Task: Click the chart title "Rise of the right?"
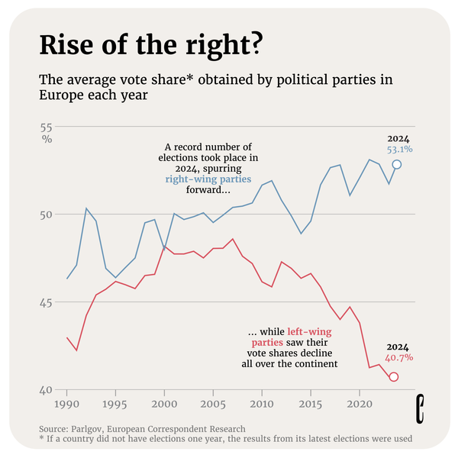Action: pyautogui.click(x=153, y=46)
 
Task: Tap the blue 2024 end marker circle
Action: pyautogui.click(x=397, y=164)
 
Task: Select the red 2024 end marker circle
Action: pyautogui.click(x=394, y=377)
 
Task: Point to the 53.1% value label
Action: pyautogui.click(x=397, y=150)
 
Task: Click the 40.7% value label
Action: pyautogui.click(x=398, y=357)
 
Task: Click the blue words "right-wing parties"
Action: pyautogui.click(x=208, y=180)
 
